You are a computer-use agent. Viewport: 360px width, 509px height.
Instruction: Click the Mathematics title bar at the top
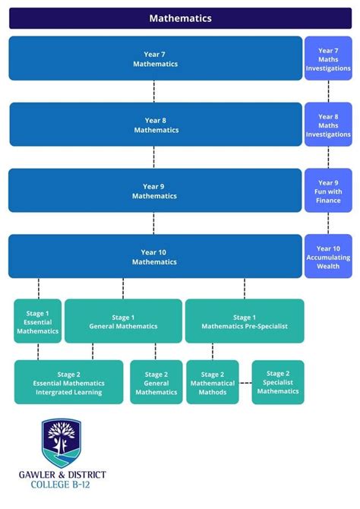(x=180, y=18)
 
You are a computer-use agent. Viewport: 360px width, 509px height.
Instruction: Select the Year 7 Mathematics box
(x=156, y=58)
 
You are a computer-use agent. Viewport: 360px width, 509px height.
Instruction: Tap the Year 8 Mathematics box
(x=156, y=125)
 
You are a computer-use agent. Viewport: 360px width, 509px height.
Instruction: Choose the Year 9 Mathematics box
(x=155, y=191)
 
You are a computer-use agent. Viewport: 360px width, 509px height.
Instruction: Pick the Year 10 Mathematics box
(x=155, y=257)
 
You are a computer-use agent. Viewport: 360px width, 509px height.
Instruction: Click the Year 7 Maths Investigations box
(x=328, y=58)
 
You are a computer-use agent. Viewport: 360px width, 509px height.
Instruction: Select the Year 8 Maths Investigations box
(x=328, y=125)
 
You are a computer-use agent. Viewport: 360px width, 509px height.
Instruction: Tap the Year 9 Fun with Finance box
(x=328, y=191)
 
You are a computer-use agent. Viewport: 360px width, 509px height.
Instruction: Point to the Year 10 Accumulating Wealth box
(x=328, y=257)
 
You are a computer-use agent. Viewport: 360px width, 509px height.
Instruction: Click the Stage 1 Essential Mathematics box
(x=37, y=321)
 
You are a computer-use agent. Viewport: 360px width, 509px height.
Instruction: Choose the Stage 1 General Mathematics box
(x=123, y=321)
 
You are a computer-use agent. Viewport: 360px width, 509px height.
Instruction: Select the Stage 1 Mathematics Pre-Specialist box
(x=245, y=321)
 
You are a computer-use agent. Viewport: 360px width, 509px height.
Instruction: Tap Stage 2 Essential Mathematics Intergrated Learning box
(x=68, y=382)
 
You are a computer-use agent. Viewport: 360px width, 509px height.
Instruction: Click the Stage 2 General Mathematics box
(x=156, y=382)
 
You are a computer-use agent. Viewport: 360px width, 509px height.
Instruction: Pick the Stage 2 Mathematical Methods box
(x=213, y=382)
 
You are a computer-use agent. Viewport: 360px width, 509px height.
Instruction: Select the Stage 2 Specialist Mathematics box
(x=278, y=382)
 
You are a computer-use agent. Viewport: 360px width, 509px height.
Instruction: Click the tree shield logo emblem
(x=62, y=443)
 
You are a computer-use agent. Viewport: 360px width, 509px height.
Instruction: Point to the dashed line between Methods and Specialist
(x=245, y=383)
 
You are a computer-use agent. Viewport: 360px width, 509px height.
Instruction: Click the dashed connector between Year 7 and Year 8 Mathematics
(x=154, y=92)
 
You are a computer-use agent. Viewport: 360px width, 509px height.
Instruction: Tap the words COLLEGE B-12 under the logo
(x=62, y=485)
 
